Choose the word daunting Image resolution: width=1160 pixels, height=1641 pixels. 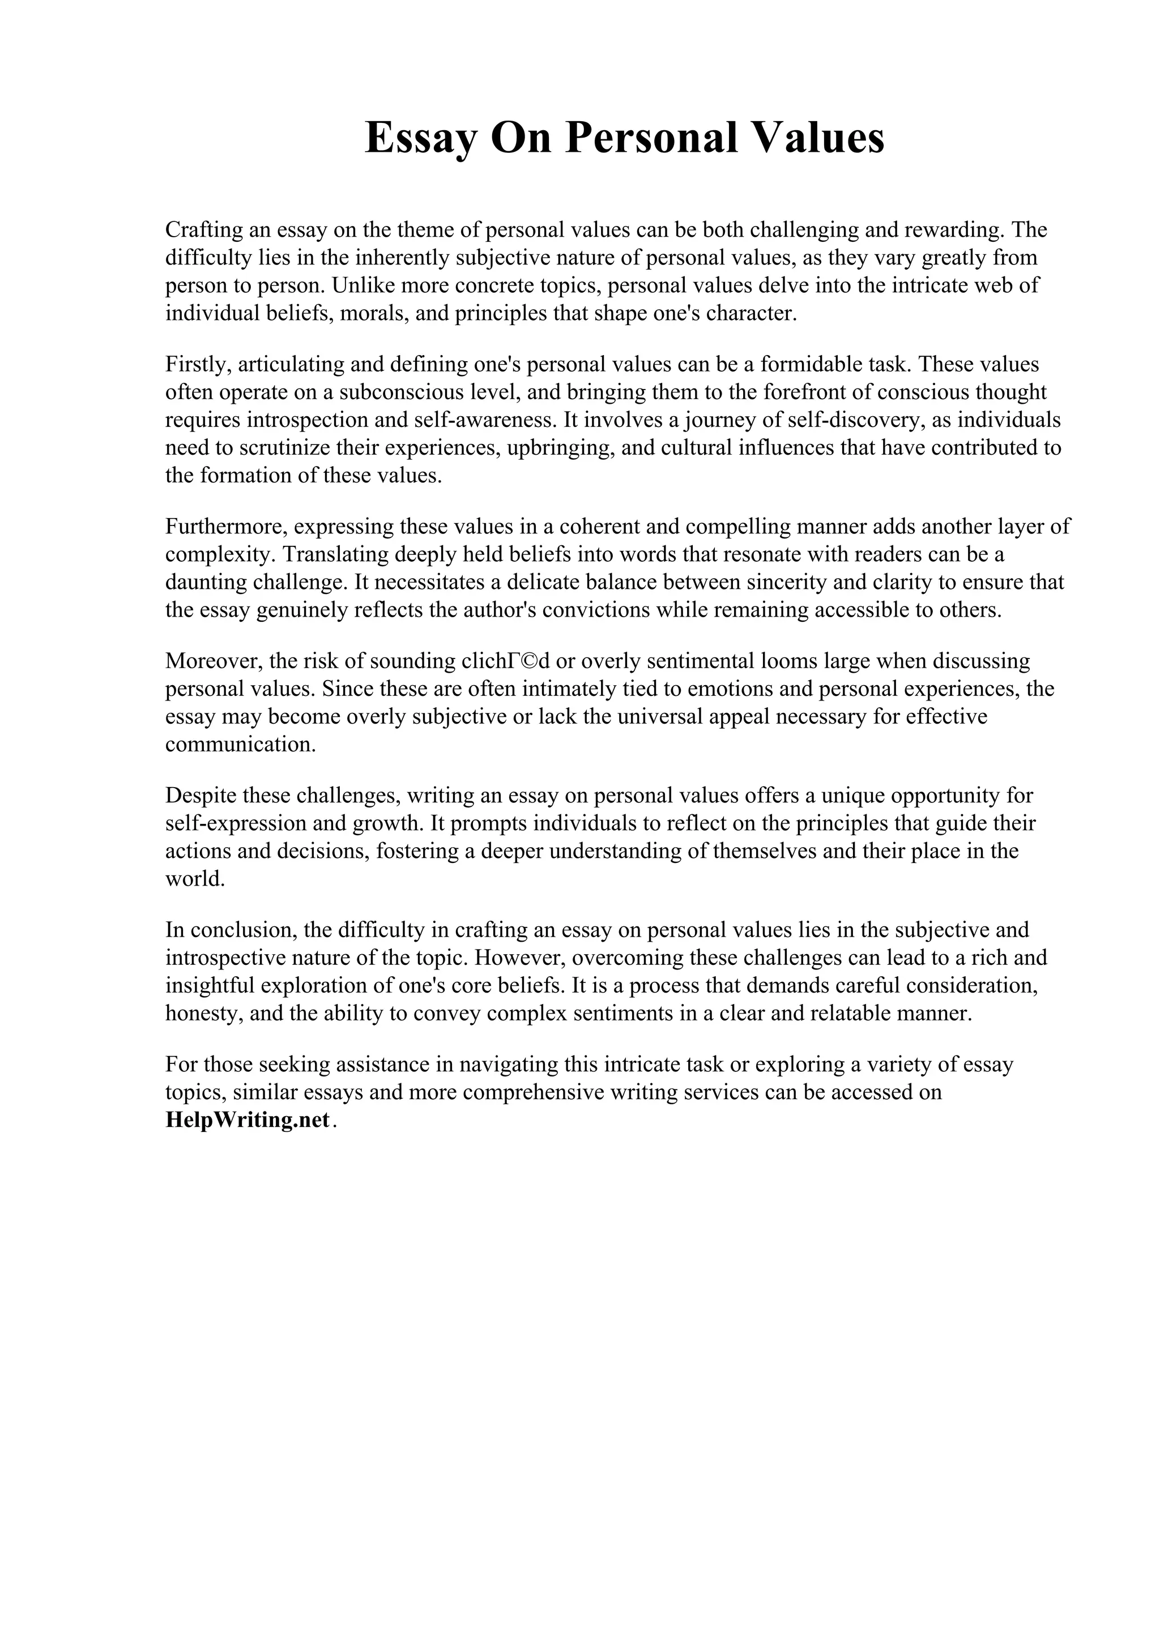[x=206, y=583]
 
